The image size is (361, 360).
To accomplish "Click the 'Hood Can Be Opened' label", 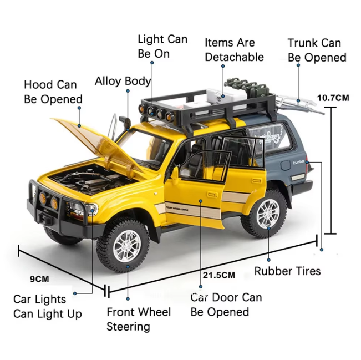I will click(x=53, y=92).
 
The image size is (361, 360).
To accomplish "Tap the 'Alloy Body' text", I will click(x=123, y=81).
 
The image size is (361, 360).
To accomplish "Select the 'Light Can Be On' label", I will click(x=162, y=47).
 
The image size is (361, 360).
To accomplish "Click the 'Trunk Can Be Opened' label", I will click(x=317, y=50).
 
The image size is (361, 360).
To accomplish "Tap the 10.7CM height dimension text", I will click(x=333, y=98).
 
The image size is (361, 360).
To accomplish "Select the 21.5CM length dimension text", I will click(x=218, y=275).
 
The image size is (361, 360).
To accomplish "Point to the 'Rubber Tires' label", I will click(x=287, y=271).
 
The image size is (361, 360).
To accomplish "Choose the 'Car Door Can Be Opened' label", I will click(x=226, y=305).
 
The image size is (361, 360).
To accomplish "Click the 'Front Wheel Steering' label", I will click(x=139, y=319).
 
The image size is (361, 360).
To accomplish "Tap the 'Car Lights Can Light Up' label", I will click(x=47, y=307).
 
